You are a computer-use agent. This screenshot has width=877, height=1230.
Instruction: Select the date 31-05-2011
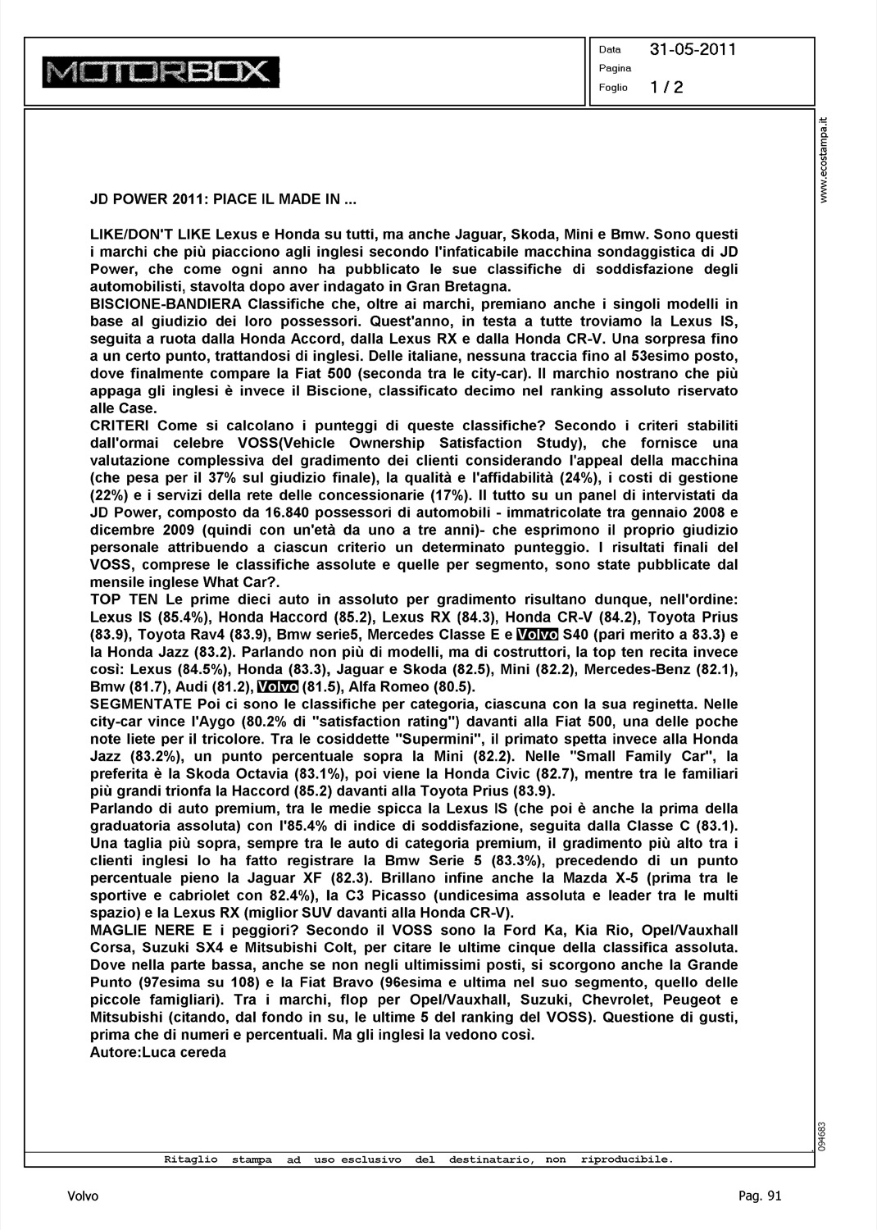tap(693, 49)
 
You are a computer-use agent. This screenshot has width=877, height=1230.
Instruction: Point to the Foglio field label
tap(613, 88)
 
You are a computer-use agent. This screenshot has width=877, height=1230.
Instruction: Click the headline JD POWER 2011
tap(221, 199)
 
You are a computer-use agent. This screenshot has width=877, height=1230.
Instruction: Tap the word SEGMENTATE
tap(139, 704)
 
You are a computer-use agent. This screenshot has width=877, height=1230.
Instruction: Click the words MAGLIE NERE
tap(136, 930)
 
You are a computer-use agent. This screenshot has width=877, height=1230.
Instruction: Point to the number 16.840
tap(296, 512)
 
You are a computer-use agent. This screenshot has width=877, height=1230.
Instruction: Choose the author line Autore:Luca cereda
tap(157, 1052)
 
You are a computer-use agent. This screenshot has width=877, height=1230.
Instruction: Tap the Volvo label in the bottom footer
tap(83, 1196)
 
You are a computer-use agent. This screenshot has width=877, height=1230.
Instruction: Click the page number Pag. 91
tap(760, 1196)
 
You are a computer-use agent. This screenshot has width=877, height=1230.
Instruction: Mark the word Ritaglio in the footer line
tap(190, 1159)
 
